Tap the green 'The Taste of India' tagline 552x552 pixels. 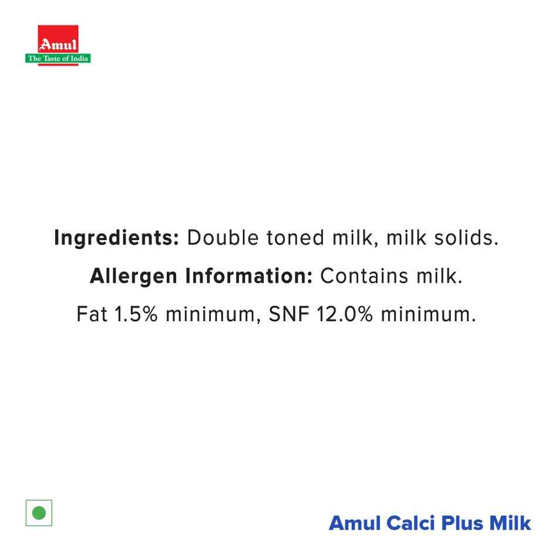tap(58, 58)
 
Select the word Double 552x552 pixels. tap(221, 238)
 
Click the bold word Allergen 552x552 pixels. tap(133, 277)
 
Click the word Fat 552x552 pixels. tap(92, 315)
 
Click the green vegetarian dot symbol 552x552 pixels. tap(39, 513)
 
